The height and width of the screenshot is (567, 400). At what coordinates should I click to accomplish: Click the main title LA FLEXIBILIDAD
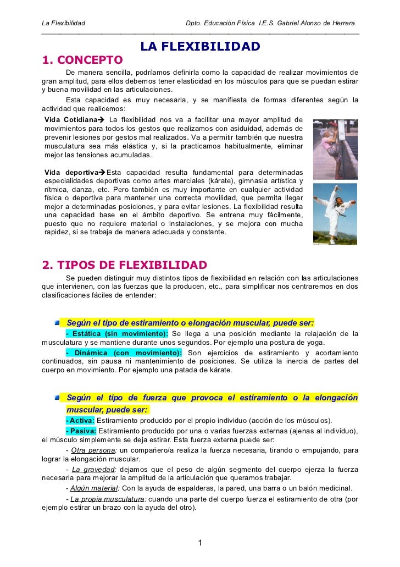[200, 47]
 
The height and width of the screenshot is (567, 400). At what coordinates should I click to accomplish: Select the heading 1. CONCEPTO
[82, 59]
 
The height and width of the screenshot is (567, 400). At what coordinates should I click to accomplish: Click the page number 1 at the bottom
[200, 543]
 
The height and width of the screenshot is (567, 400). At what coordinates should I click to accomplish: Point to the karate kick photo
[335, 213]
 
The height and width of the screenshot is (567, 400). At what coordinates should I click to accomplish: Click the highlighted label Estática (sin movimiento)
[117, 334]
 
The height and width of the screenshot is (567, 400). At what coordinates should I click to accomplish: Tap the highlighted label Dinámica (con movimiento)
[124, 353]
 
